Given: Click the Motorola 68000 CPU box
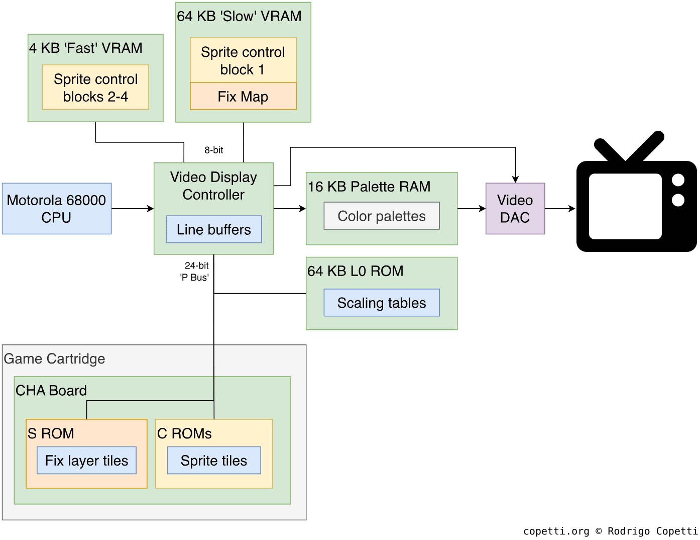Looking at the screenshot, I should (57, 209).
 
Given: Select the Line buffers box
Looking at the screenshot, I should (214, 229).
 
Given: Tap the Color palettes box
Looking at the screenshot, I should (382, 216).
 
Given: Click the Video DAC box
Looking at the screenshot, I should (515, 209).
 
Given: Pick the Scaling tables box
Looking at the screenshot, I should (382, 303).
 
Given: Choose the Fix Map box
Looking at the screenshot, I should (243, 96).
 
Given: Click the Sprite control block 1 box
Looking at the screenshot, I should (243, 60).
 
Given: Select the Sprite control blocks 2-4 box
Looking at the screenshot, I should (95, 87).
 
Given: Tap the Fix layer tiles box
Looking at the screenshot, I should (86, 461).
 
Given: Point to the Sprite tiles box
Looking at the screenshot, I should (214, 461).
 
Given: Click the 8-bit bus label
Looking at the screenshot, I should (214, 150).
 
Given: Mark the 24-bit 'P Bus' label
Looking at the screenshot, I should (195, 272).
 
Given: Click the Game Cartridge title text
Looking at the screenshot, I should (55, 358).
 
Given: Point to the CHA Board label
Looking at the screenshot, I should (51, 391).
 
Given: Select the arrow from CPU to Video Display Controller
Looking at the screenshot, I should (133, 209).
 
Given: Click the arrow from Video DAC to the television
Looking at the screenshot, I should (560, 209).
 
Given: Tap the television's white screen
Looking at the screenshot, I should (625, 206).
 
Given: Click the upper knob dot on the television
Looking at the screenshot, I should (678, 180).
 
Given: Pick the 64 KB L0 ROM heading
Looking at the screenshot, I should (356, 271).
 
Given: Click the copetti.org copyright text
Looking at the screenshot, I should (610, 531).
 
